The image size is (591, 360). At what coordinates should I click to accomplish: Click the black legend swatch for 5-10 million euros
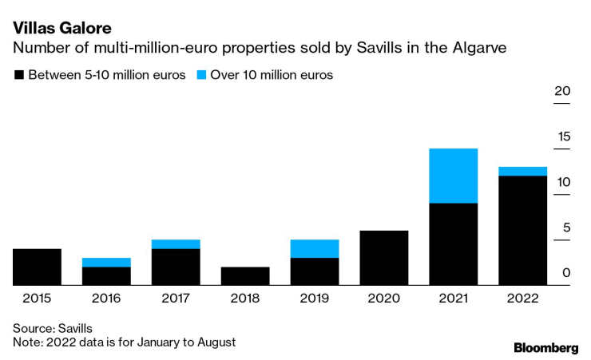(x=18, y=75)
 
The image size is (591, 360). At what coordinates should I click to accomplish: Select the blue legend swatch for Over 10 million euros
(x=200, y=75)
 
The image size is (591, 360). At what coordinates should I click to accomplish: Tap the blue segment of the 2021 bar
(x=453, y=176)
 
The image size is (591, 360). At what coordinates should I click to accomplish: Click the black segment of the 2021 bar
(x=453, y=243)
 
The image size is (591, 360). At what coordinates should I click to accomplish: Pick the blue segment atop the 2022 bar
(x=522, y=171)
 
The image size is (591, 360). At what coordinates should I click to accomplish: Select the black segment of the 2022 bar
(x=522, y=230)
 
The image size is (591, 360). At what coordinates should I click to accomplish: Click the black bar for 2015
(x=37, y=267)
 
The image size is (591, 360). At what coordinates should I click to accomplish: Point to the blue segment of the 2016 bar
(x=106, y=262)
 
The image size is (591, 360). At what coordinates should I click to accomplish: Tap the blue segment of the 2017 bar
(x=176, y=243)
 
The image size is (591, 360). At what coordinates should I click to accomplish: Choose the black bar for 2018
(x=245, y=275)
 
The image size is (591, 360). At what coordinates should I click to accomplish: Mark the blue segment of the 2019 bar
(x=314, y=248)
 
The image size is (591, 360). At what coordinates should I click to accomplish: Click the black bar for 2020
(x=383, y=257)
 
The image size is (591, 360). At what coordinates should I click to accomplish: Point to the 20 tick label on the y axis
(x=562, y=91)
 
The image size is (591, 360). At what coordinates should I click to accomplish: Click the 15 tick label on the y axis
(x=562, y=136)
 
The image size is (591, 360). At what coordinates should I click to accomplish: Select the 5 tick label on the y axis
(x=565, y=228)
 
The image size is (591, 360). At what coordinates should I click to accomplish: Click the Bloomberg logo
(x=545, y=347)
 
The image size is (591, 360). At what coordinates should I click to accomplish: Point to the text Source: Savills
(x=53, y=327)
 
